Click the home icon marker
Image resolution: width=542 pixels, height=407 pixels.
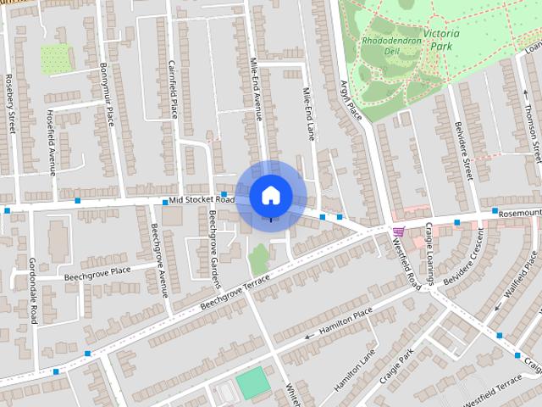270,195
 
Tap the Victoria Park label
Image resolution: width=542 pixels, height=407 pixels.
441,40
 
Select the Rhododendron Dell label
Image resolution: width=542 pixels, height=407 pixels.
391,44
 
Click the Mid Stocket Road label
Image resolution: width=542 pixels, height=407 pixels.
202,199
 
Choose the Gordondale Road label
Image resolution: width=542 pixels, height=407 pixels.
33,290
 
